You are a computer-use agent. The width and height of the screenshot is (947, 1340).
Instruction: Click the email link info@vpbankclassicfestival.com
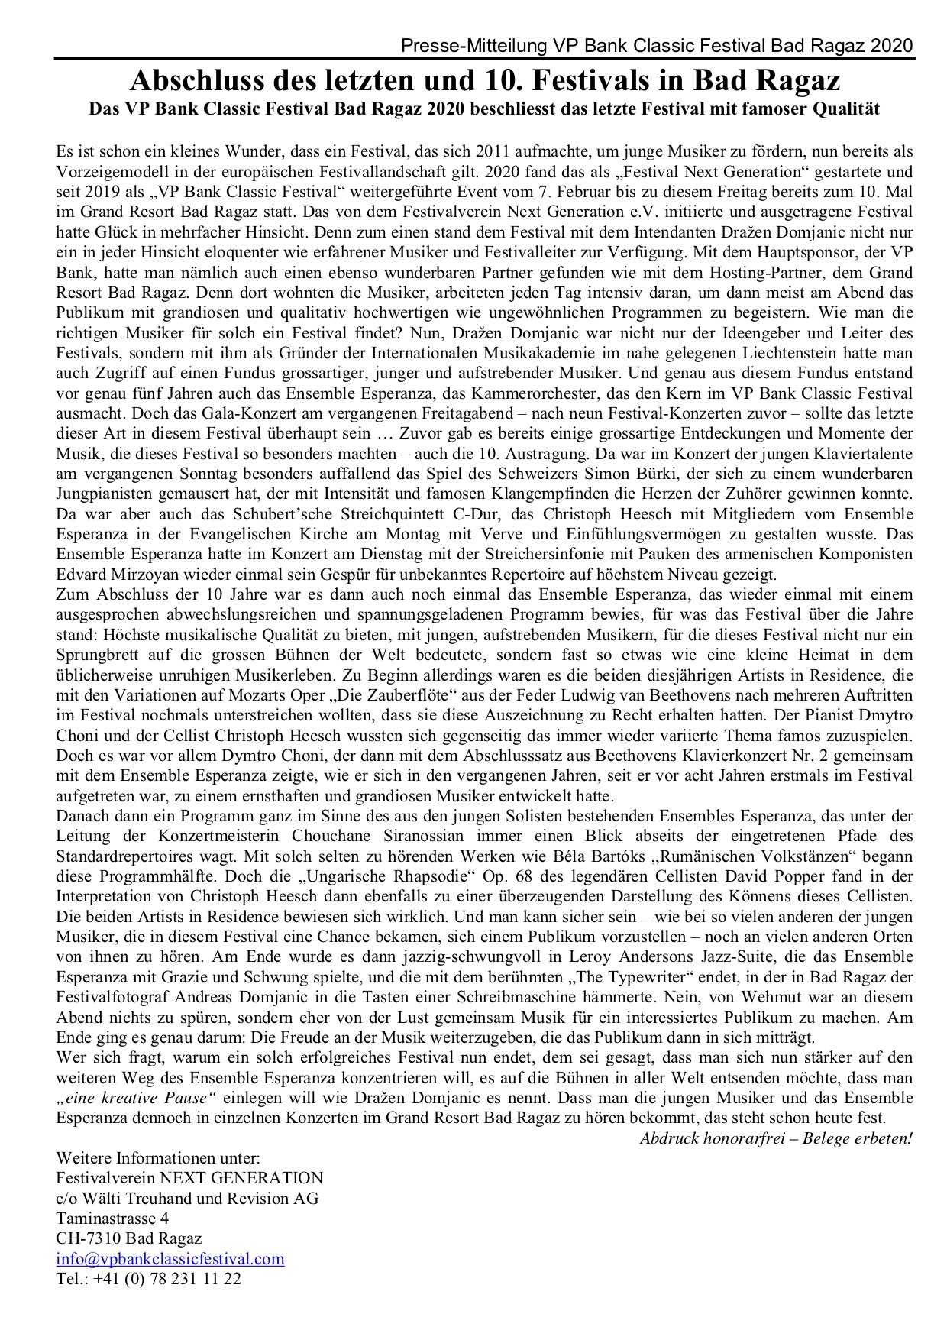[x=170, y=1259]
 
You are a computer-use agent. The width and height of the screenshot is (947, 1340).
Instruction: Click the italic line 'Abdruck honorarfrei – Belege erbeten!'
[x=776, y=1138]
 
